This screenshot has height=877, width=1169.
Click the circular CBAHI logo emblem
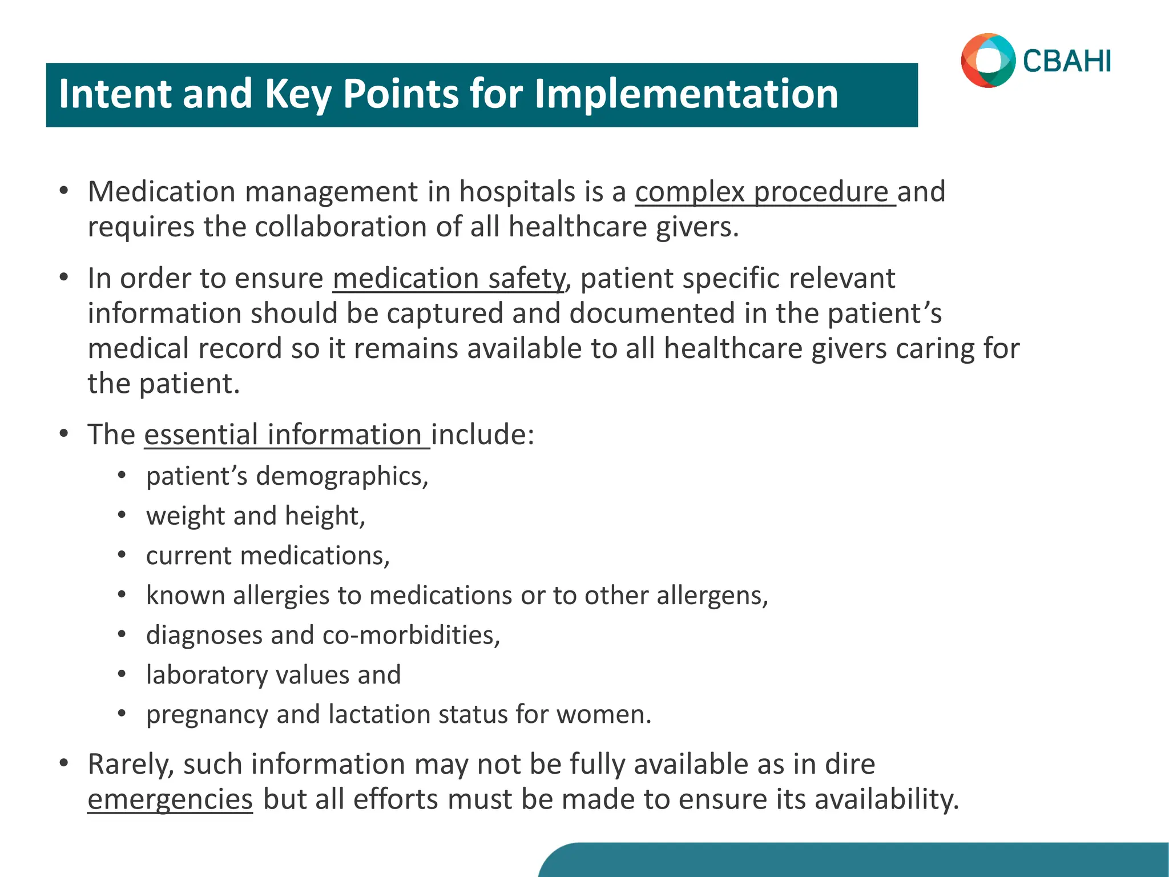click(x=988, y=61)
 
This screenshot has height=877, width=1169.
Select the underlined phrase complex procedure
click(x=765, y=192)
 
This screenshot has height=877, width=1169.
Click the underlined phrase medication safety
click(x=449, y=279)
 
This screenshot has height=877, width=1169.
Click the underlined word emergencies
click(x=170, y=799)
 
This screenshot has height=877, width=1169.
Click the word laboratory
click(x=207, y=675)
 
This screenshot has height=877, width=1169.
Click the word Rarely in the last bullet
click(x=130, y=765)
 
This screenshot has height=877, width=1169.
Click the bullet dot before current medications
click(x=122, y=556)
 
